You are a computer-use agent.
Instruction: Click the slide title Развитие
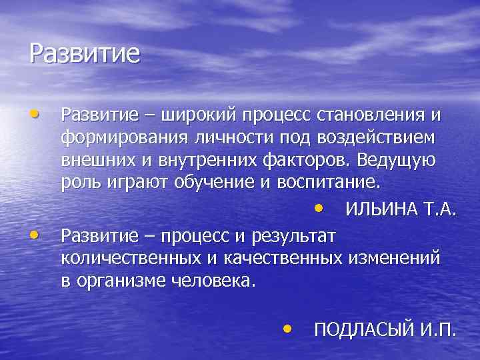pyautogui.click(x=85, y=54)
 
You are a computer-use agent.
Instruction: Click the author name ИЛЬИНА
pyautogui.click(x=382, y=211)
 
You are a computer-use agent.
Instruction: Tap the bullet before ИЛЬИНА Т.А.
pyautogui.click(x=322, y=209)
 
